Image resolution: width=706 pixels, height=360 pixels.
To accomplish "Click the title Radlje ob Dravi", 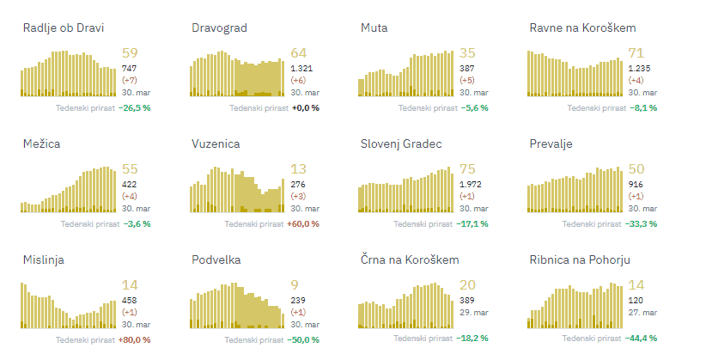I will coord(63,27).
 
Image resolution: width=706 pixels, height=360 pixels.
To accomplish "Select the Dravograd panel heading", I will coord(219,27).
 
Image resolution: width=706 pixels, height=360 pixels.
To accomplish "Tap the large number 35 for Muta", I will coord(467,54).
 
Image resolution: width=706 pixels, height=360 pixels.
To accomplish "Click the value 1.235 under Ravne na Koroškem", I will coord(640,68).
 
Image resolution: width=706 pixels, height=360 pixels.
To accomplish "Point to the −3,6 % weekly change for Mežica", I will coord(136,223).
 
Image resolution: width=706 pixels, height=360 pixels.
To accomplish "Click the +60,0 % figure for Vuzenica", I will coord(305,223).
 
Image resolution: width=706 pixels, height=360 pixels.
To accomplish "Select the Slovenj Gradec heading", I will coord(401,143).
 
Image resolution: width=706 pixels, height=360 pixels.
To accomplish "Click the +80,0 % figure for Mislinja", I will coord(136,340).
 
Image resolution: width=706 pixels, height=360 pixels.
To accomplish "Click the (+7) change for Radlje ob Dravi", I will coord(131,80).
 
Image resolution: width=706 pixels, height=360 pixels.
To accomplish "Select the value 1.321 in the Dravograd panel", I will coord(301,68).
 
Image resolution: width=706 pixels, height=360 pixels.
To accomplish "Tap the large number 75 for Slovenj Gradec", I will coord(467,170).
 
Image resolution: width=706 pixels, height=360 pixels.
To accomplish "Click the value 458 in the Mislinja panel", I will coord(130,300).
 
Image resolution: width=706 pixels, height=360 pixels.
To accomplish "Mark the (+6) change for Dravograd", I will coord(299,80).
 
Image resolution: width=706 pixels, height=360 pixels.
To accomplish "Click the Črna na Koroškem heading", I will coord(410,259).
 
